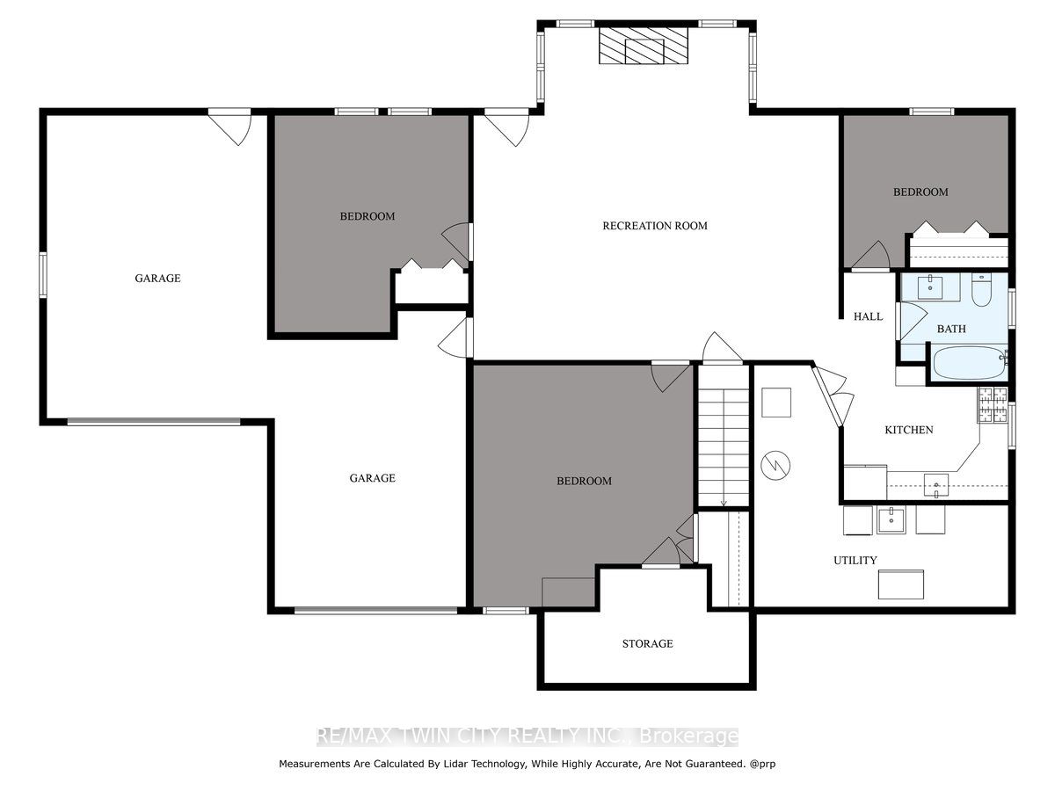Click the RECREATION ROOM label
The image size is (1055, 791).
pyautogui.click(x=655, y=226)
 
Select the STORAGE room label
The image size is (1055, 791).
pyautogui.click(x=648, y=643)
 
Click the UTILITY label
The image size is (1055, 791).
pyautogui.click(x=855, y=560)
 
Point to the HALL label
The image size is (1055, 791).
pyautogui.click(x=868, y=316)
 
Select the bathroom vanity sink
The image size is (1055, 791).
pyautogui.click(x=930, y=287)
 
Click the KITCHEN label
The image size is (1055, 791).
pyautogui.click(x=908, y=430)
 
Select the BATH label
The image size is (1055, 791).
pyautogui.click(x=951, y=329)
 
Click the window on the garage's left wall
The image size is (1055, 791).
pyautogui.click(x=43, y=275)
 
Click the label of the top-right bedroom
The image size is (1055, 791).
pyautogui.click(x=920, y=192)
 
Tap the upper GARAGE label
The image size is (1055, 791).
pyautogui.click(x=157, y=278)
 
